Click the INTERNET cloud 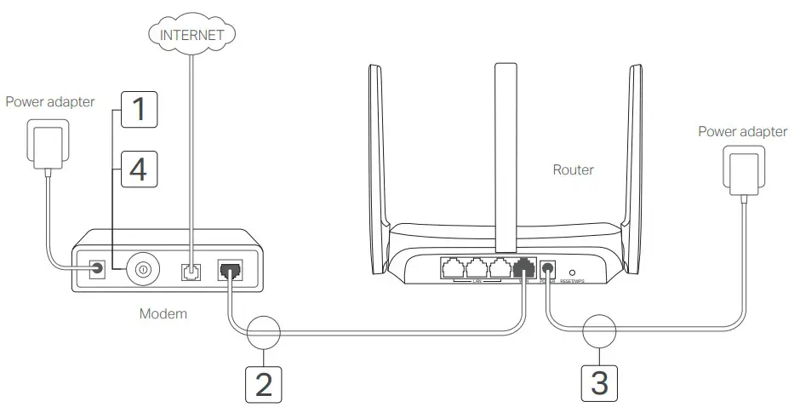tap(191, 35)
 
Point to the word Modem tap(163, 314)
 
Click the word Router tap(574, 170)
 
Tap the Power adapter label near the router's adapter tap(742, 132)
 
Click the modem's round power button tap(142, 270)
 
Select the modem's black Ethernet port tap(231, 270)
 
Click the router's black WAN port tap(523, 267)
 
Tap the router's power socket tap(549, 268)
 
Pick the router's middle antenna tap(505, 145)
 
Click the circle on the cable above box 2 tap(265, 332)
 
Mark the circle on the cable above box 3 tap(599, 332)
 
